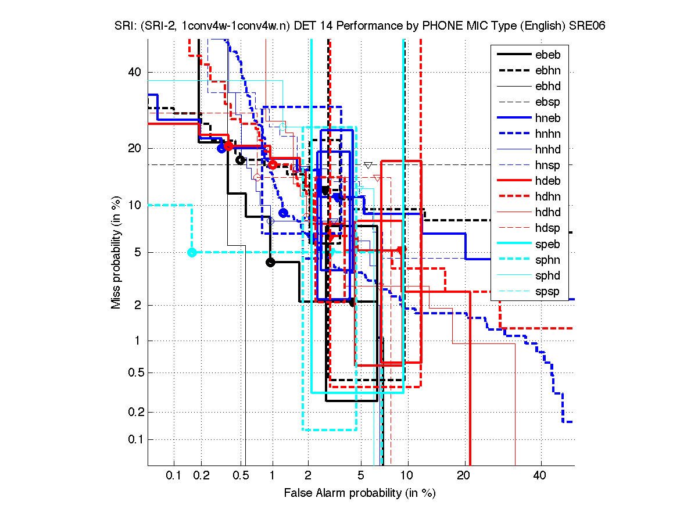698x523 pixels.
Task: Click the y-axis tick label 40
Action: (135, 72)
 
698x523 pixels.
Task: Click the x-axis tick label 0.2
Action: (202, 476)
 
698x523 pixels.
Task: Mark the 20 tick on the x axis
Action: (463, 476)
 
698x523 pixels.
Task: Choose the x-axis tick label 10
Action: (408, 476)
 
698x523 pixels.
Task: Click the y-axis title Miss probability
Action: (116, 252)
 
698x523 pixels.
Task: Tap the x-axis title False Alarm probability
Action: (360, 493)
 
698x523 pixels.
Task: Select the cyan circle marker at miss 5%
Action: (192, 252)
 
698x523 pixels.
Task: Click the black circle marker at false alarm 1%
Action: (270, 262)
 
